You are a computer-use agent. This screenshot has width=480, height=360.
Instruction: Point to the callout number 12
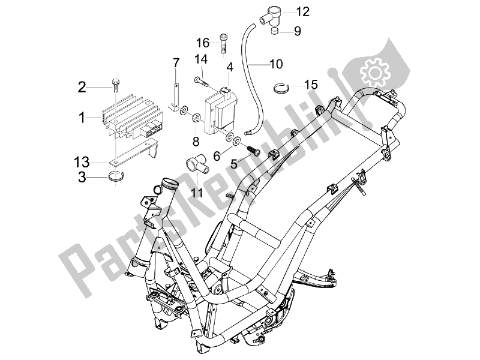pyautogui.click(x=301, y=11)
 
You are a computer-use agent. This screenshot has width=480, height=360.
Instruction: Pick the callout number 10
pyautogui.click(x=276, y=62)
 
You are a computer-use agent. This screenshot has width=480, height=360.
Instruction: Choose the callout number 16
pyautogui.click(x=203, y=43)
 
